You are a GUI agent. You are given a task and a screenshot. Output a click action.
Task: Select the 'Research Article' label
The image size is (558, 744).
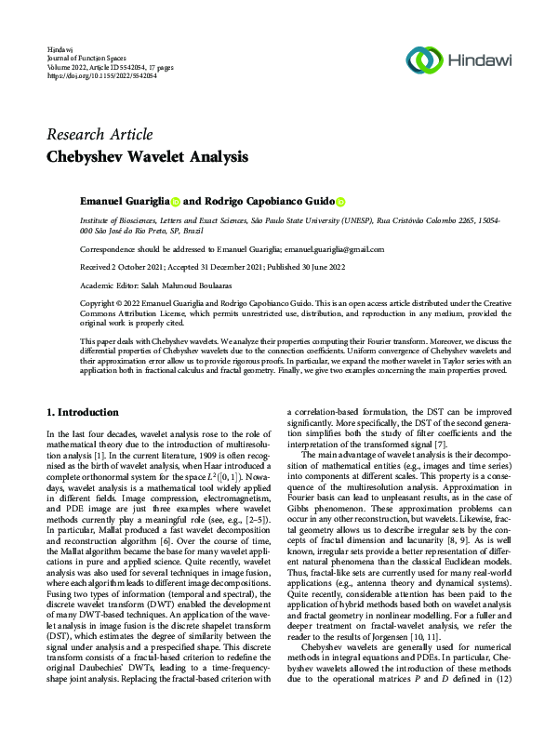click(100, 135)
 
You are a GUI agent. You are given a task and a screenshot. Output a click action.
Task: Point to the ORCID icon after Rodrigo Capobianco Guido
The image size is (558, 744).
click(340, 201)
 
